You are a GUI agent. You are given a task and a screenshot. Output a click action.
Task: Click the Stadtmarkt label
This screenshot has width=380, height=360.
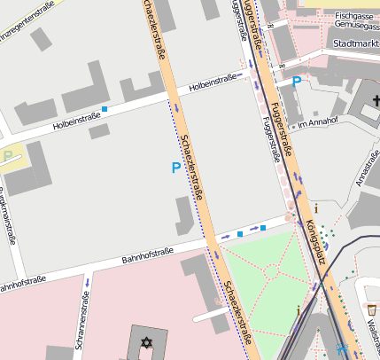[x=354, y=43]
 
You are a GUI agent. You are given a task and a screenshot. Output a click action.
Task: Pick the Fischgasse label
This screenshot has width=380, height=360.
[x=354, y=16]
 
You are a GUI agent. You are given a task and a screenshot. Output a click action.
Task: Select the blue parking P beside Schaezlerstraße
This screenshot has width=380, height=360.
[x=175, y=167]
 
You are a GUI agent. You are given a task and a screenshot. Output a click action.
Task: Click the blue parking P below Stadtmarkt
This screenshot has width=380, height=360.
[x=296, y=81]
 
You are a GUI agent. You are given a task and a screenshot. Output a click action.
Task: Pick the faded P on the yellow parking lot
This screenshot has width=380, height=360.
[x=8, y=156]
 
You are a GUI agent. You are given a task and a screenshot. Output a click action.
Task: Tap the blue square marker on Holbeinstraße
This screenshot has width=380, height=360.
[x=105, y=110]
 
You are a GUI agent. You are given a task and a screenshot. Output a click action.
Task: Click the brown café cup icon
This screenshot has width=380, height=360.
[x=372, y=310]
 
